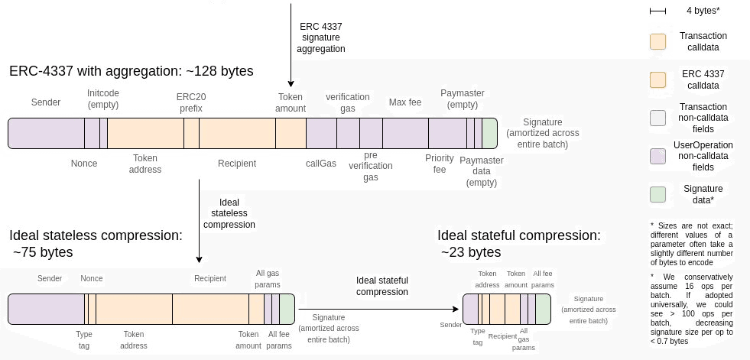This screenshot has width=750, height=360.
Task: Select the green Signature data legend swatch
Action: click(x=657, y=194)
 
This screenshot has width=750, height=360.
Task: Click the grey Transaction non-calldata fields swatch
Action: click(x=657, y=118)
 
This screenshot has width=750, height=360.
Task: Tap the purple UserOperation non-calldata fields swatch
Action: click(x=657, y=156)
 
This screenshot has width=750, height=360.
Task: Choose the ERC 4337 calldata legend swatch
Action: click(x=657, y=79)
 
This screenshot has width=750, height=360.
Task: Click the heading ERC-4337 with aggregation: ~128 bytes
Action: click(x=131, y=71)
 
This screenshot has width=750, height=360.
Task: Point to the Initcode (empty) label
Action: click(x=103, y=98)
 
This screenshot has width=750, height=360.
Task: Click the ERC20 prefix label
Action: click(x=191, y=102)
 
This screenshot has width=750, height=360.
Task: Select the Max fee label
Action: click(x=404, y=102)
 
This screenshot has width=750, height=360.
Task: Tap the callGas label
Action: click(x=321, y=163)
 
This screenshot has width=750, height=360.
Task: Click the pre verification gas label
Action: click(x=371, y=166)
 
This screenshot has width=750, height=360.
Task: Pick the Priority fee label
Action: click(x=440, y=164)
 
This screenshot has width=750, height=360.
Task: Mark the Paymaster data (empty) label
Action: click(x=482, y=171)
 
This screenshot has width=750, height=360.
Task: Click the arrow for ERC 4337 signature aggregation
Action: click(x=291, y=46)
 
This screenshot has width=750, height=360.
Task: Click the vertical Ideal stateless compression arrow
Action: click(x=199, y=222)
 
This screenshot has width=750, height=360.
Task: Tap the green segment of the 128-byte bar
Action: click(x=489, y=133)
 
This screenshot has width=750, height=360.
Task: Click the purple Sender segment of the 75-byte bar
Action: click(x=46, y=309)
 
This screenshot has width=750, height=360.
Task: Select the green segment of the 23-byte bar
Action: click(x=543, y=309)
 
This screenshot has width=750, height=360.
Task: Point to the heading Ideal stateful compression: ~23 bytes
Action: click(x=519, y=243)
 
